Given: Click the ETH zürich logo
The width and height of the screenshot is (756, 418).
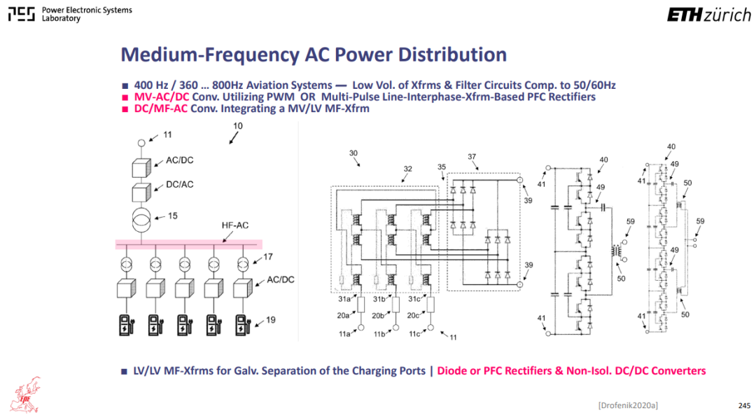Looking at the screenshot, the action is pos(708,15).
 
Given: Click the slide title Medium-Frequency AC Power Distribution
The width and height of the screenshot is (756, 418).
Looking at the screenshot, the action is pos(314,55).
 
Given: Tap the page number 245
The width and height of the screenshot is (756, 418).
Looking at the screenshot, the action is pos(744,405).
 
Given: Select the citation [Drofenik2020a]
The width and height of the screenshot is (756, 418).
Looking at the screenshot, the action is pos(628,405).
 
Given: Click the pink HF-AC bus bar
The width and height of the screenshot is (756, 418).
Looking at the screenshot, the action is pos(188,244).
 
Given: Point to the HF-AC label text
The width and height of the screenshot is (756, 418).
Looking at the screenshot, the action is pos(234,225).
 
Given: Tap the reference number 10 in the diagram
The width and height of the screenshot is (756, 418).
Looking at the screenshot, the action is pos(238,126).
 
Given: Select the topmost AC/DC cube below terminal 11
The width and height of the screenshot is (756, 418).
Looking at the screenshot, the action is pos(141,168).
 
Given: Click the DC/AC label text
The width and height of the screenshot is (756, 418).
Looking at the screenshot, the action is pos(179,185).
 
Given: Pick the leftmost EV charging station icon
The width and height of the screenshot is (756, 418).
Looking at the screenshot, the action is pos(126,325).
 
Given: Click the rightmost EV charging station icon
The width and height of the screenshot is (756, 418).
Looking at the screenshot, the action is pos(242,325).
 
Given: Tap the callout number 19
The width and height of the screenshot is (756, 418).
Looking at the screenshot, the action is pos(270,320).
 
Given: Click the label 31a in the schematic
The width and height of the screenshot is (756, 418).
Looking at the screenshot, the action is pos(344,300).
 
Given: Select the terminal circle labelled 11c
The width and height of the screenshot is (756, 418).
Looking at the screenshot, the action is pos(430,328).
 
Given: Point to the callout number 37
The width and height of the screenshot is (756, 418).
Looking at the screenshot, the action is pos(472,157).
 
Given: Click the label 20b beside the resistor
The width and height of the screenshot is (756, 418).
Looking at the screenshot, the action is pos(377,316).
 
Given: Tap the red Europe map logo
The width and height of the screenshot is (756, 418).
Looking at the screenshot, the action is pos(26,396).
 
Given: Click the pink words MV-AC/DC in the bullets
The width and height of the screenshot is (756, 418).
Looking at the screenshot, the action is pos(162,97).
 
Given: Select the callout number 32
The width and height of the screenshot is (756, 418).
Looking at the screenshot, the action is pos(408,169).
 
